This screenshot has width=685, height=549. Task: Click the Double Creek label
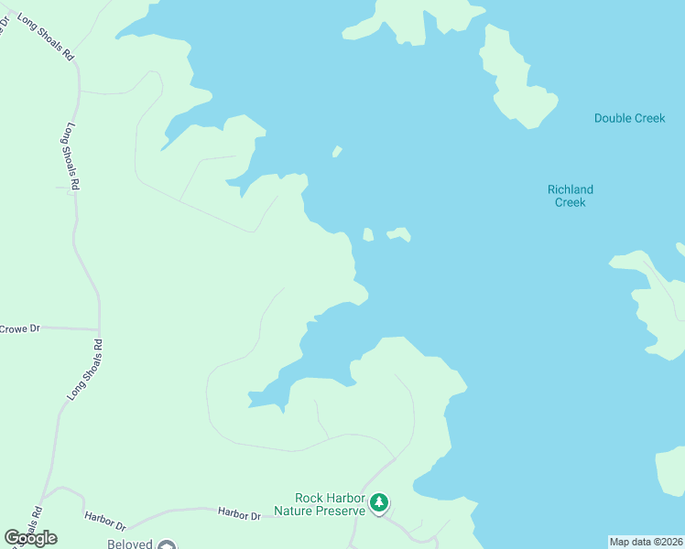pyautogui.click(x=629, y=118)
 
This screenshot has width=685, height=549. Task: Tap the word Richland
pyautogui.click(x=571, y=189)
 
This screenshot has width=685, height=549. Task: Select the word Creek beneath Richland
pyautogui.click(x=571, y=202)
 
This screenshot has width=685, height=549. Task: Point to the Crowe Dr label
pyautogui.click(x=20, y=328)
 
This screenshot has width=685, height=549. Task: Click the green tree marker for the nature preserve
pyautogui.click(x=379, y=502)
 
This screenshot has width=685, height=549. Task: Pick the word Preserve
pyautogui.click(x=339, y=511)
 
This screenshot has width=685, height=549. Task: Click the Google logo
pyautogui.click(x=31, y=538)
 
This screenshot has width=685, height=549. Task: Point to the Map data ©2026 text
pyautogui.click(x=647, y=542)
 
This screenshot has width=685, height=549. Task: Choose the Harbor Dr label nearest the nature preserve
pyautogui.click(x=239, y=516)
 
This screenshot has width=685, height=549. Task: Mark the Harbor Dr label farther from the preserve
pyautogui.click(x=104, y=521)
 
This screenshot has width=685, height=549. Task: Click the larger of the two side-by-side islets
pyautogui.click(x=398, y=234)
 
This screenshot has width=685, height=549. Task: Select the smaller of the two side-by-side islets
pyautogui.click(x=368, y=234)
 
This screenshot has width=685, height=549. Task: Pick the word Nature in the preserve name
pyautogui.click(x=295, y=511)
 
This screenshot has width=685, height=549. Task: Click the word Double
pyautogui.click(x=610, y=118)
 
